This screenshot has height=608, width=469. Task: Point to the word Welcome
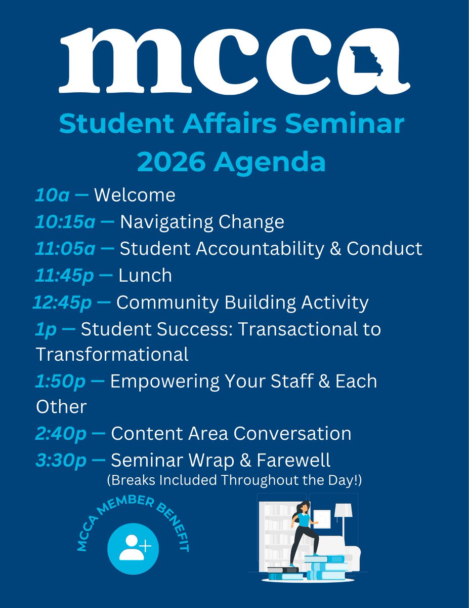[135, 195]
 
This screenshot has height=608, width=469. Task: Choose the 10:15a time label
[65, 222]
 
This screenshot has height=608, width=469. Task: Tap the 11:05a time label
[65, 249]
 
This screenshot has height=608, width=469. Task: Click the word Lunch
[145, 276]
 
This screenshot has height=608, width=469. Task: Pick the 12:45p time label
[62, 302]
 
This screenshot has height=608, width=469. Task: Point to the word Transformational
[112, 353]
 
